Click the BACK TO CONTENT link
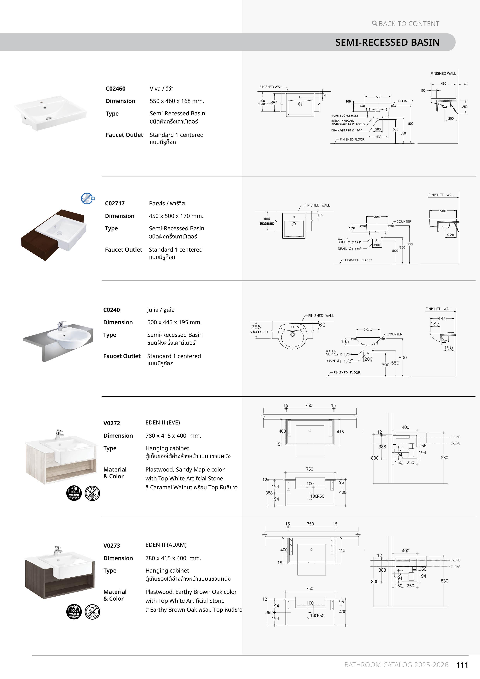[x=405, y=24]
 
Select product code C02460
[x=116, y=89]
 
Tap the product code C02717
[x=115, y=203]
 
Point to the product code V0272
[x=112, y=423]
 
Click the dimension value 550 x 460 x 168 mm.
[x=177, y=101]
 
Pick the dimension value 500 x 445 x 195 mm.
[x=174, y=322]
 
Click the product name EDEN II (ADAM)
[x=166, y=545]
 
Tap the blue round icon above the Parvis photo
[x=87, y=198]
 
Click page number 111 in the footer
[x=462, y=665]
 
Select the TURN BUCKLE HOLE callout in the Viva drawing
[x=345, y=116]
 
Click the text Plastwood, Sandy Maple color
[x=185, y=470]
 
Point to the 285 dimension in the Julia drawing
[x=256, y=327]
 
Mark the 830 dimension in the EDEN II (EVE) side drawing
[x=444, y=458]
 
